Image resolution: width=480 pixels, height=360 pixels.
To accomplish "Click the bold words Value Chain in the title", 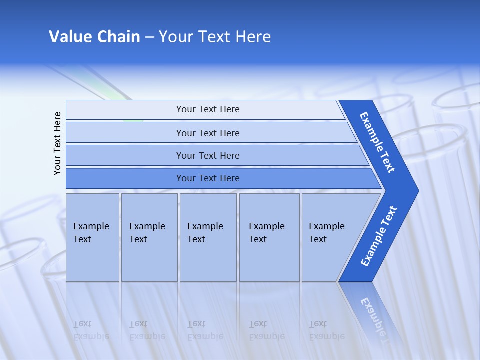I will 94,37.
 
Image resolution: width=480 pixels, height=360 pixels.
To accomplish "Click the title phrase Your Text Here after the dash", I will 215,37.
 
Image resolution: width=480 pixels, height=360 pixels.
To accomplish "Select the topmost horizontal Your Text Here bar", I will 207,109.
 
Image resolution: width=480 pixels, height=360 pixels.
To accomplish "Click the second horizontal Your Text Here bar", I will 207,133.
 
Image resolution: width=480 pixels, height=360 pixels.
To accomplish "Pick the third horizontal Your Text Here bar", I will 207,155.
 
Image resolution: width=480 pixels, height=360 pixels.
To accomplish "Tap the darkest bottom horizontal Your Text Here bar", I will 207,178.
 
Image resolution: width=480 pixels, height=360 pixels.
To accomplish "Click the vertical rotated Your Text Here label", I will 57,143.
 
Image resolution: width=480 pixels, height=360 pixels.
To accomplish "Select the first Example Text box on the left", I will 92,237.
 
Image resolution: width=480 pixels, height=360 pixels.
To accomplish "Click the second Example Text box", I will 149,237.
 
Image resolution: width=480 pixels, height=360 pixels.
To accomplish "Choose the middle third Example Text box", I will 208,237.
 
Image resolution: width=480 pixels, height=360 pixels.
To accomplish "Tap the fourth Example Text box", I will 269,237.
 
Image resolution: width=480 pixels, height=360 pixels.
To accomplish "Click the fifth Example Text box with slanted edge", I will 330,237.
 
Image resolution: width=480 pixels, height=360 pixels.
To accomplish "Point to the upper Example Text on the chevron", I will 377,142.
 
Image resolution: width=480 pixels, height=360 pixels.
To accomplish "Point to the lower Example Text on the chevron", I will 378,236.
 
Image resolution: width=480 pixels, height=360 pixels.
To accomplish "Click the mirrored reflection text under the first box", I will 91,330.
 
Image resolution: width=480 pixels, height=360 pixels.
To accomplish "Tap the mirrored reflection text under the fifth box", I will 326,330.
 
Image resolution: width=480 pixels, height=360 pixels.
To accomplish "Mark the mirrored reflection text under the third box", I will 205,330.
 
